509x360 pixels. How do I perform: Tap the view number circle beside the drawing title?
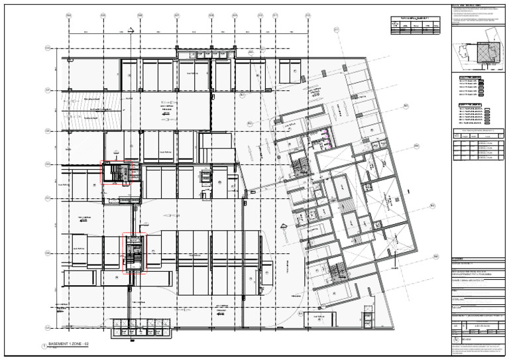click(x=46, y=345)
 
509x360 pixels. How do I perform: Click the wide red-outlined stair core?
click(x=120, y=174)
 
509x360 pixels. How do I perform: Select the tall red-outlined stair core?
click(x=134, y=252)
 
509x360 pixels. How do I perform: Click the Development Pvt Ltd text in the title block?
click(x=473, y=272)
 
